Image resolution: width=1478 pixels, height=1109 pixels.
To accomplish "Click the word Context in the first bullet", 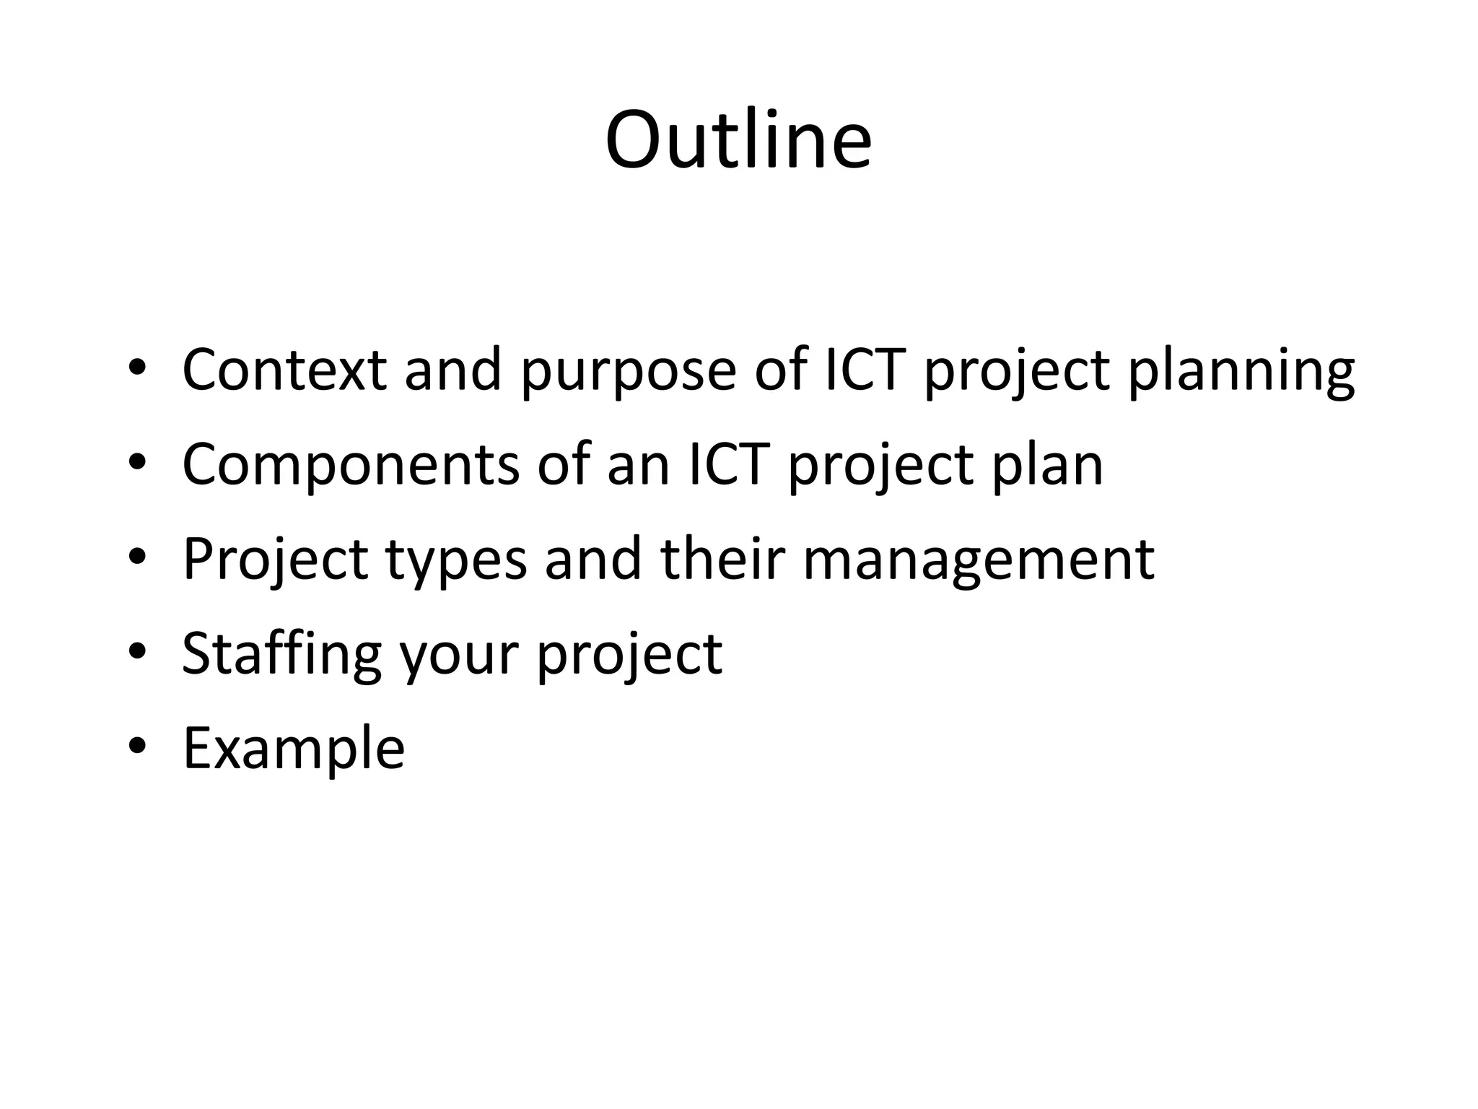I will coord(284,370).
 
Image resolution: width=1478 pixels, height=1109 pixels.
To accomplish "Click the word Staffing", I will coord(281,655).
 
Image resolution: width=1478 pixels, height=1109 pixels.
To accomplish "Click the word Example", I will coord(294,749).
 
